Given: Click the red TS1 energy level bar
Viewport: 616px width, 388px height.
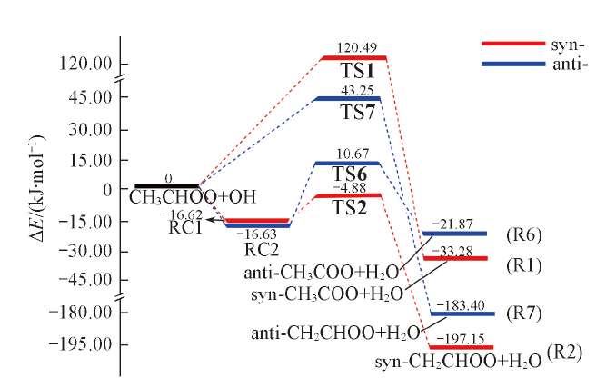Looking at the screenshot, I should pyautogui.click(x=355, y=58).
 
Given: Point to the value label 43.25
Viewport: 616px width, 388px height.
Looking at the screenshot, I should pyautogui.click(x=355, y=89).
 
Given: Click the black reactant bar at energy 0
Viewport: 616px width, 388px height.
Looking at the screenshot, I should pyautogui.click(x=167, y=186).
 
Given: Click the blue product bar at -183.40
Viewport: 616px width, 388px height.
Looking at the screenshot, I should pyautogui.click(x=461, y=313).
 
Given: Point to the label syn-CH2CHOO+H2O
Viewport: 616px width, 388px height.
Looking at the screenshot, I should pyautogui.click(x=459, y=362).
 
